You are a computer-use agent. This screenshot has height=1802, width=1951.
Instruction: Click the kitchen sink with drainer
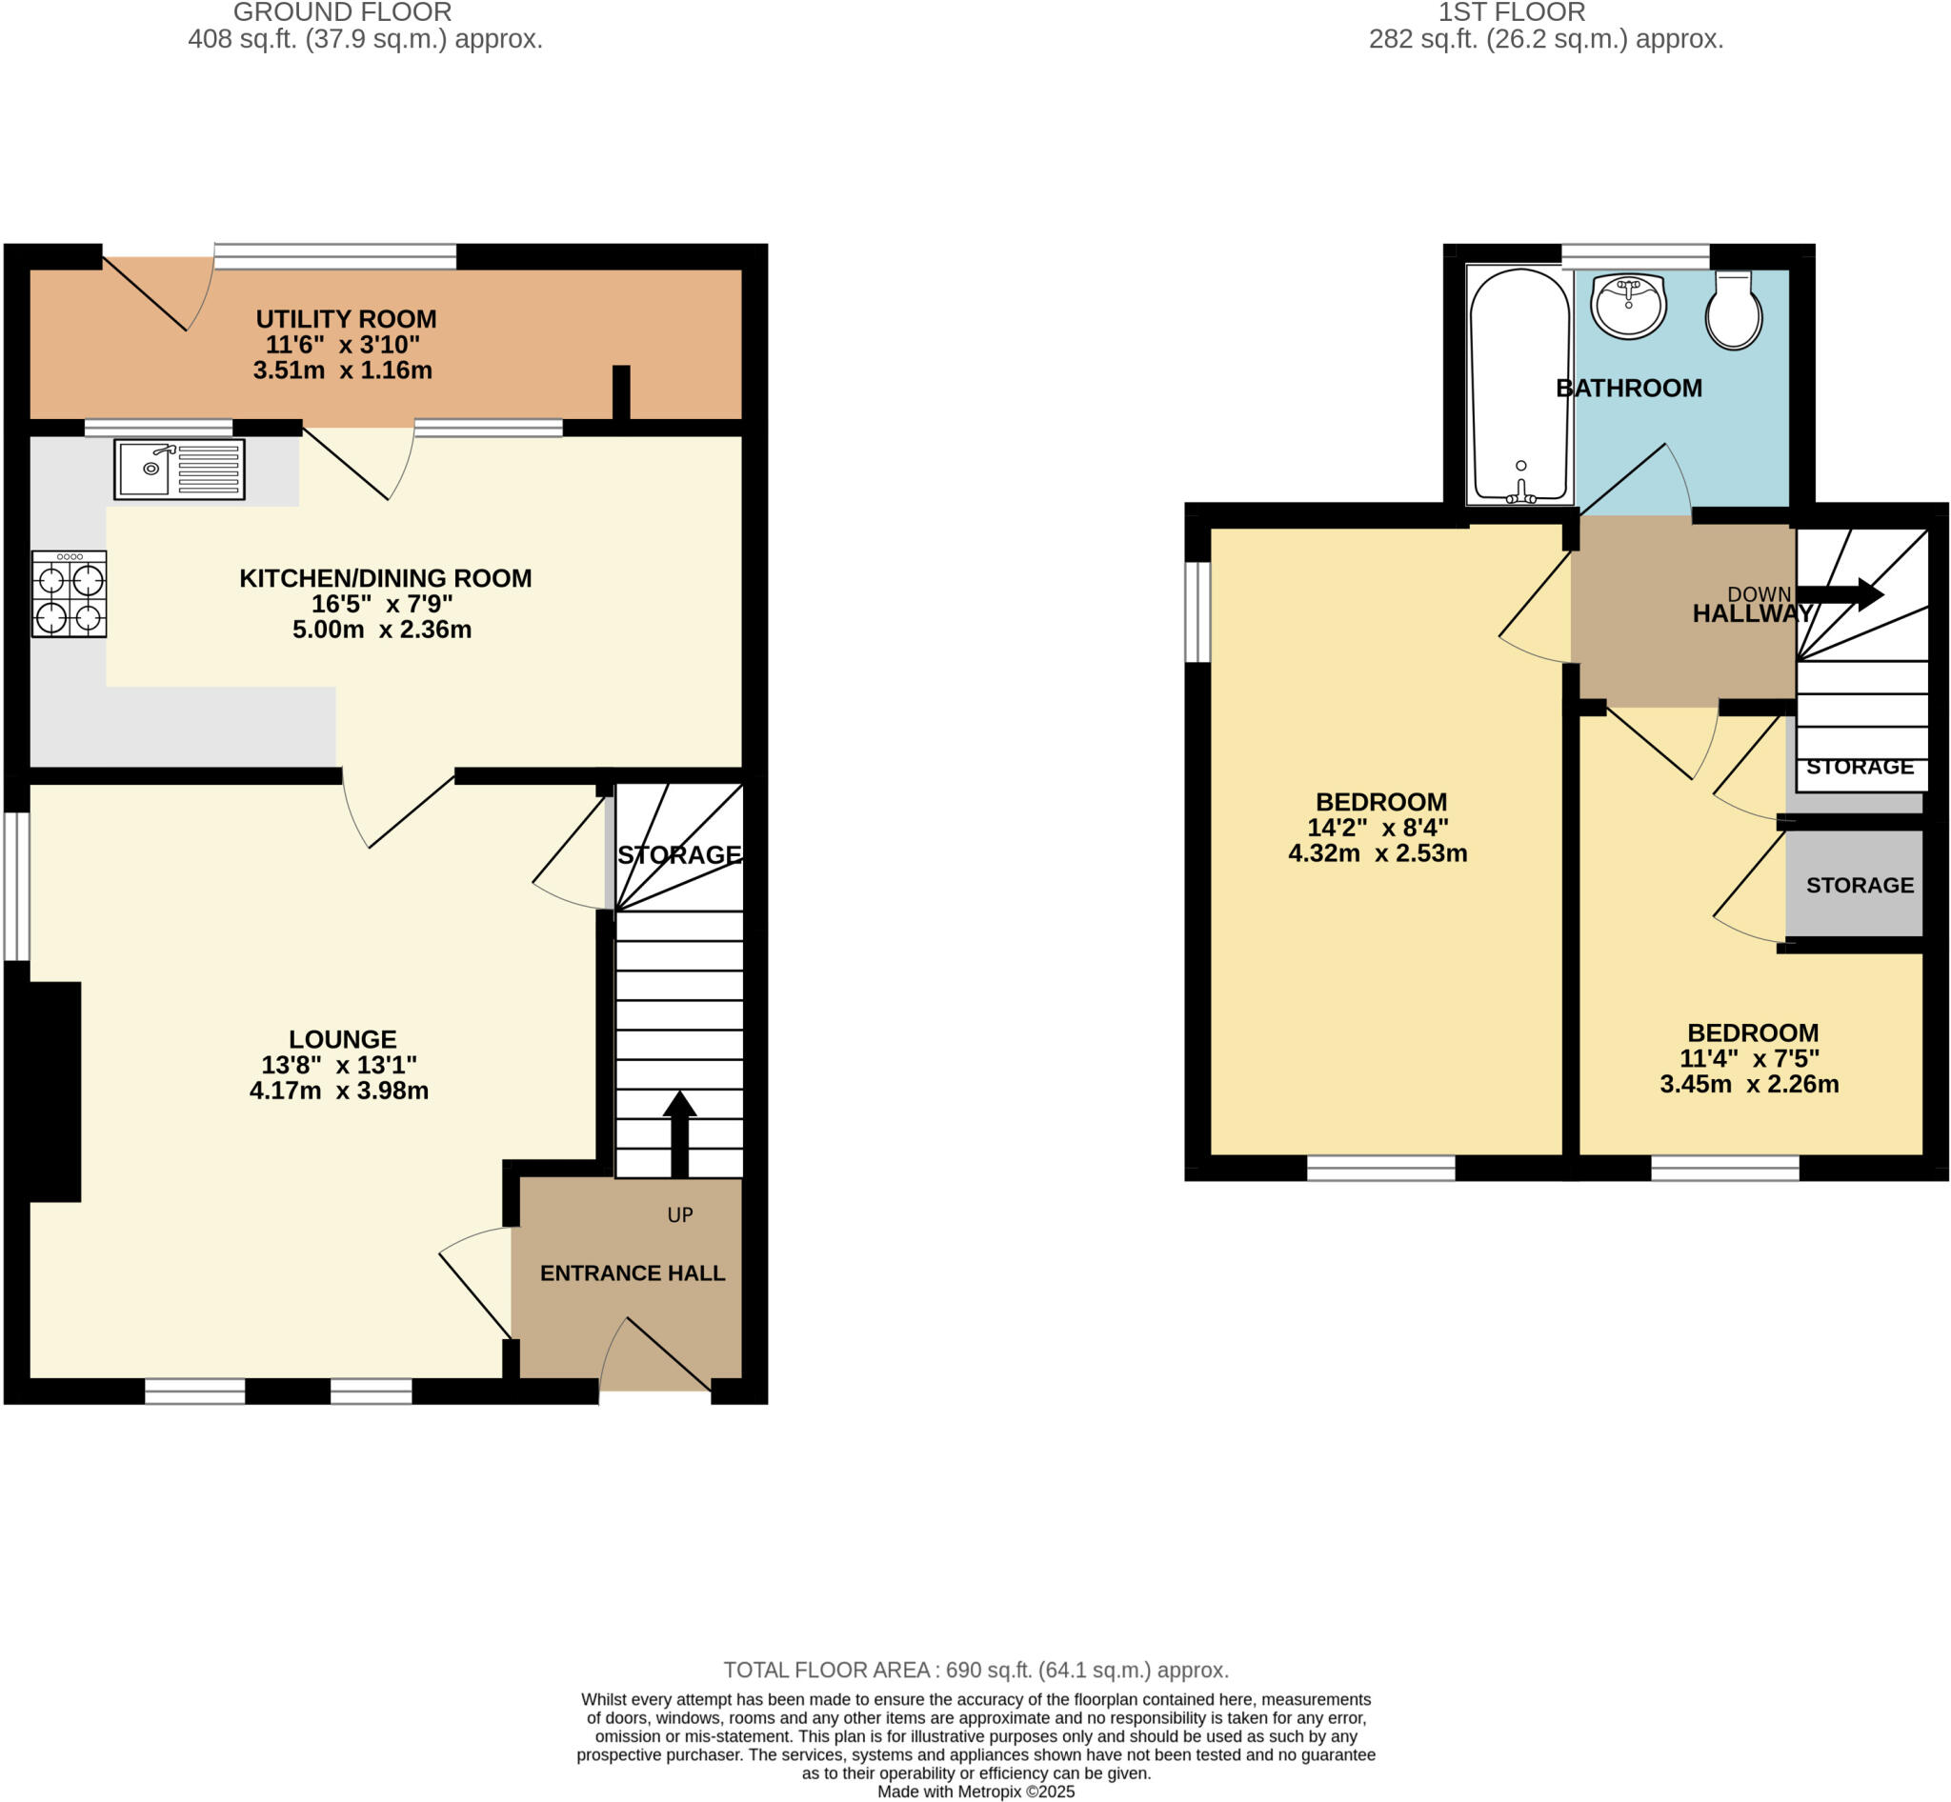[x=178, y=469]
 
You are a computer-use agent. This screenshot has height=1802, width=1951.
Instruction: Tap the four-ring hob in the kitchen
[x=69, y=594]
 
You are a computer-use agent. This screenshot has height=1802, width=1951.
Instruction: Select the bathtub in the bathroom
[x=1519, y=385]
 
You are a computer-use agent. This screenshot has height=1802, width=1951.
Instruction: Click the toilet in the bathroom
[x=1733, y=310]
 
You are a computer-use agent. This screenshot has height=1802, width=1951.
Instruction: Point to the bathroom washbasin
[x=1627, y=305]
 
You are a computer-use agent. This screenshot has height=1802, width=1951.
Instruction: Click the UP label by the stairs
[x=680, y=1215]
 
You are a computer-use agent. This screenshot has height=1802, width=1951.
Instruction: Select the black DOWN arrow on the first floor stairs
[x=1840, y=594]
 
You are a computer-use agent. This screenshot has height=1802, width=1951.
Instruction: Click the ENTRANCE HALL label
[x=633, y=1272]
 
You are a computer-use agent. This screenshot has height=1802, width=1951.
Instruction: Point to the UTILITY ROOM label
[x=345, y=319]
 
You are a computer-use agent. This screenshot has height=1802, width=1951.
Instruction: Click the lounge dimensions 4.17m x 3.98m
[x=338, y=1091]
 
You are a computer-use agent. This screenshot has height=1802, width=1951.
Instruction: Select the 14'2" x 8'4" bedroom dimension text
[x=1378, y=827]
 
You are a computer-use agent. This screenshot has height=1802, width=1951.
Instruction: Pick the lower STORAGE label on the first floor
[x=1860, y=885]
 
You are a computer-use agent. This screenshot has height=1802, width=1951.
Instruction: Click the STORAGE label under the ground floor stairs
[x=679, y=854]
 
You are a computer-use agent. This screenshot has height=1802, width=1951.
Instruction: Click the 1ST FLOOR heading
[x=1511, y=12]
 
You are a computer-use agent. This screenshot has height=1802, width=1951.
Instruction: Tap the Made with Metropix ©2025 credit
[x=975, y=1792]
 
